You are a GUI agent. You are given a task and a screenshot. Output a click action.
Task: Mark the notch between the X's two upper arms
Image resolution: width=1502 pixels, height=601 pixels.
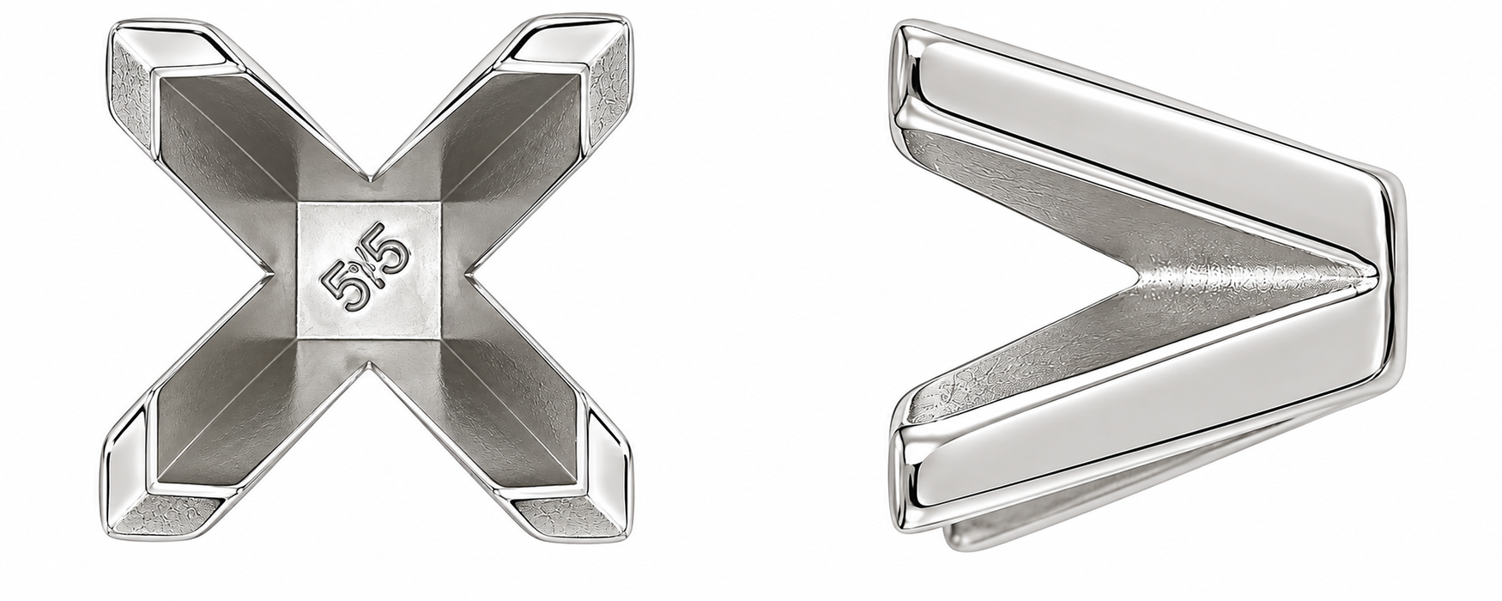pos(371,181)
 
